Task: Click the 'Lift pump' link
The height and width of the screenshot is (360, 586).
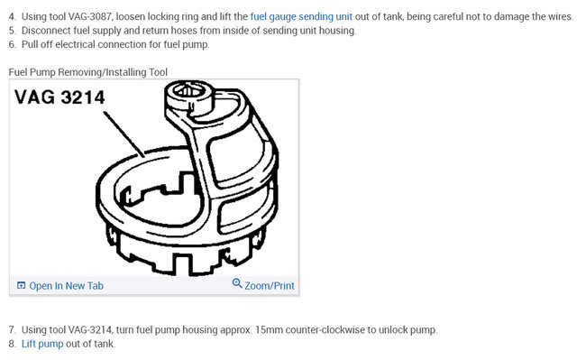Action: pyautogui.click(x=43, y=344)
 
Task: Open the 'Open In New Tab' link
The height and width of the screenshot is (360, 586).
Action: pyautogui.click(x=66, y=285)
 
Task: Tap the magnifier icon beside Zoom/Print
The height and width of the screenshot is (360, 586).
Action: pyautogui.click(x=237, y=284)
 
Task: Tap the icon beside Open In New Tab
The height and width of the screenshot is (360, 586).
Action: pyautogui.click(x=21, y=286)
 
